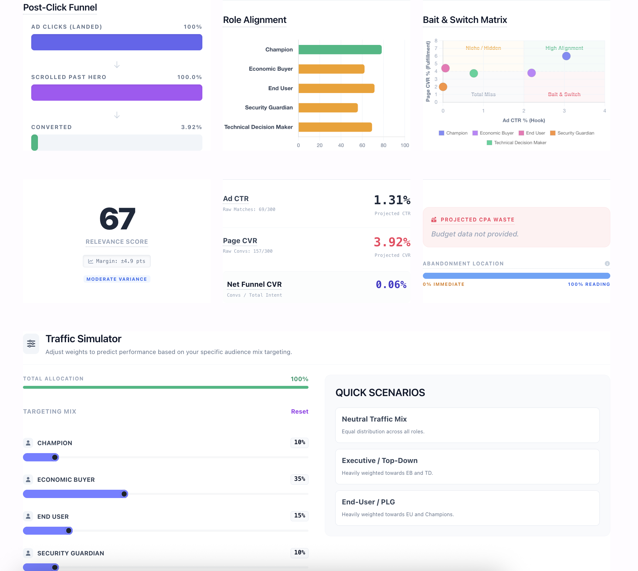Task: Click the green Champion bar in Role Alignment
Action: click(340, 50)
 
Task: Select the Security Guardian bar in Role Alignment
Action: click(328, 108)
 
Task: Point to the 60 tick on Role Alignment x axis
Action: click(362, 145)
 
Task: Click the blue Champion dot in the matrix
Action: click(566, 56)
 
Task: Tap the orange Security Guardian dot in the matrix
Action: click(443, 87)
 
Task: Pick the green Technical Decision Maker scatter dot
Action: click(474, 73)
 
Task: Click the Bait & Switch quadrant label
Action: click(564, 94)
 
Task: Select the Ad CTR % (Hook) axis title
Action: click(524, 120)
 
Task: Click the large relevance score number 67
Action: click(117, 219)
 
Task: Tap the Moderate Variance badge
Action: click(117, 279)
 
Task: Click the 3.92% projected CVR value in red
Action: click(392, 242)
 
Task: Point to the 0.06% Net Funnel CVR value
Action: click(391, 285)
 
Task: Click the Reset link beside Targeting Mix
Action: click(300, 411)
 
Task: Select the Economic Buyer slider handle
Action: click(124, 494)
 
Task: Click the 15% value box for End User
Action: click(299, 516)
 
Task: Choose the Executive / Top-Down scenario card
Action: click(467, 466)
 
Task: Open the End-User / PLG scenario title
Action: click(368, 502)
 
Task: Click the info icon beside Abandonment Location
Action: click(607, 264)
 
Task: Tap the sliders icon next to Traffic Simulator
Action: click(31, 343)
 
